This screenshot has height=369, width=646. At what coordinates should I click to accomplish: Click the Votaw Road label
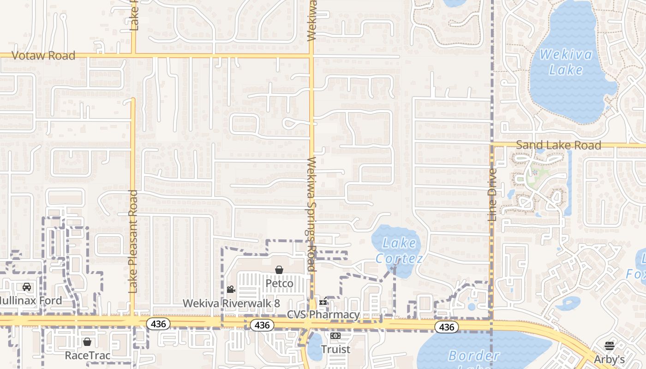pos(43,56)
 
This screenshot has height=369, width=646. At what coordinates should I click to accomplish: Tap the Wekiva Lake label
pos(566,62)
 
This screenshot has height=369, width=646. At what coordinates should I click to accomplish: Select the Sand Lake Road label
pos(558,145)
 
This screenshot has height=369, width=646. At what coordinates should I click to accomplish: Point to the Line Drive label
pos(492,194)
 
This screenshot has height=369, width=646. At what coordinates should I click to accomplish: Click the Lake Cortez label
pos(399,250)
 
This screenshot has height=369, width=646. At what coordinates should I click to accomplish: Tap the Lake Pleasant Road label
pos(133,241)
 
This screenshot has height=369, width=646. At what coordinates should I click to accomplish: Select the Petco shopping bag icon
pos(279,270)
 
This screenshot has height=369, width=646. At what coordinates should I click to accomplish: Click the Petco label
pos(279,283)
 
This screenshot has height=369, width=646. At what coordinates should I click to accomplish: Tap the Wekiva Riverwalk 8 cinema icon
pos(231,289)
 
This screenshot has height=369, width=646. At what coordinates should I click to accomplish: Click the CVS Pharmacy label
pos(323,315)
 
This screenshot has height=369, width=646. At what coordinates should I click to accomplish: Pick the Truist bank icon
pos(335,336)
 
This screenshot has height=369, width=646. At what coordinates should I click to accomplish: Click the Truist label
pos(335,349)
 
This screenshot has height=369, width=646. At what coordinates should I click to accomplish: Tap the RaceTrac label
pos(87,355)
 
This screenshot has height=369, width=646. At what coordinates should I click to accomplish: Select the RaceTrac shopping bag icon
pos(87,342)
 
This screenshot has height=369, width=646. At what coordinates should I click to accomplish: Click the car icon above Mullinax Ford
pos(27,287)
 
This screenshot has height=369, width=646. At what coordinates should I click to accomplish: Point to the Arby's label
pos(610,359)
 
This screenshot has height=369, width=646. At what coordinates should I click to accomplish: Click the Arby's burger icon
pos(610,346)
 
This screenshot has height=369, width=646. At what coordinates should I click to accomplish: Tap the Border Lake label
pos(474,356)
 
